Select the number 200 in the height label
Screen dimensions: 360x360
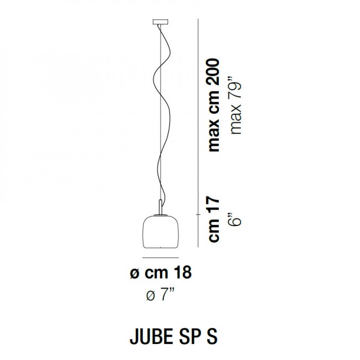215,71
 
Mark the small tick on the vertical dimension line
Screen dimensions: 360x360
198,213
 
